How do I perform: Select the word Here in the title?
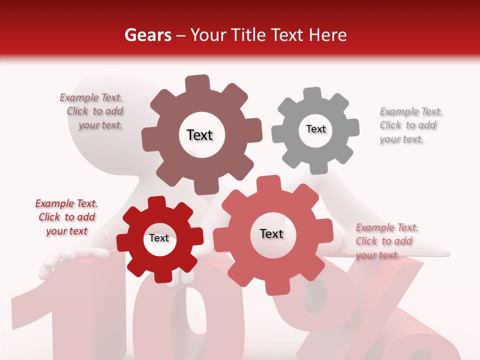[x=328, y=35]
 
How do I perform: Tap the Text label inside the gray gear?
[x=315, y=129]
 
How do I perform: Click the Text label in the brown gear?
[x=199, y=135]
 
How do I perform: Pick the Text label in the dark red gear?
[x=159, y=238]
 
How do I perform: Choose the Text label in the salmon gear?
[x=271, y=233]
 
